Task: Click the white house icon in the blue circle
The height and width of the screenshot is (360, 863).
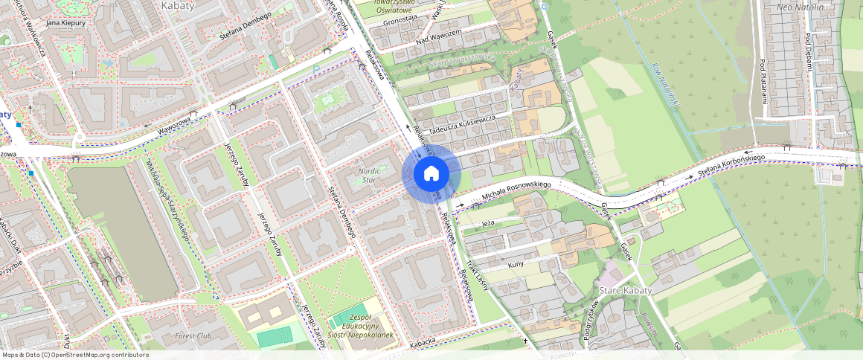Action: tap(431, 174)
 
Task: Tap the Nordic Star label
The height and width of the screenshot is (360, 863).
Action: tap(370, 175)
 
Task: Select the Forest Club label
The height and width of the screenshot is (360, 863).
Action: tap(193, 335)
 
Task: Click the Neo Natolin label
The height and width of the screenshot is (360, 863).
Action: tap(801, 7)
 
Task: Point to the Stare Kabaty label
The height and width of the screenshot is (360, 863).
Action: tap(625, 290)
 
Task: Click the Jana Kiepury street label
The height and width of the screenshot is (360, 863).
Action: tap(66, 23)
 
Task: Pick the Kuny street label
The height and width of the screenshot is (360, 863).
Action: tap(516, 264)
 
